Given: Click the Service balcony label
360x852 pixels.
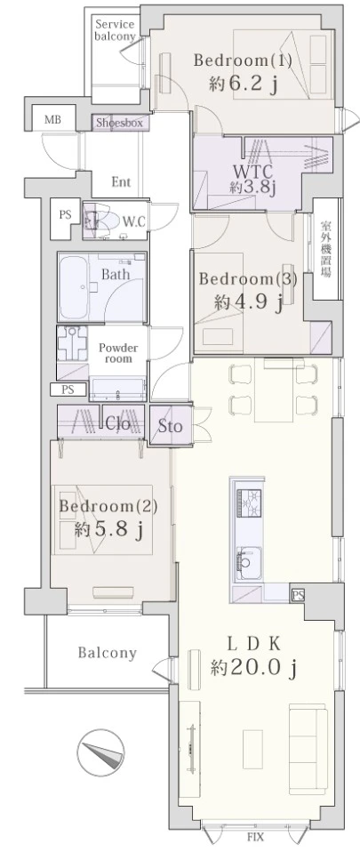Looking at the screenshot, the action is pyautogui.click(x=115, y=30).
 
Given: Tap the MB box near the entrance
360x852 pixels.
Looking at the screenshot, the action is pyautogui.click(x=52, y=120).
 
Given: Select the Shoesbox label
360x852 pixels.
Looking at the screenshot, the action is pyautogui.click(x=119, y=123).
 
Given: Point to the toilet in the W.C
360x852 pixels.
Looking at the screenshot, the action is pyautogui.click(x=101, y=221).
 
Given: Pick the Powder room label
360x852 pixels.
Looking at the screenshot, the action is pyautogui.click(x=118, y=353).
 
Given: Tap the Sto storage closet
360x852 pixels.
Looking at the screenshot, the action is pyautogui.click(x=170, y=426).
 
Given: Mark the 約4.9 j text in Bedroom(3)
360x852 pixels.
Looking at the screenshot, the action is pyautogui.click(x=248, y=302).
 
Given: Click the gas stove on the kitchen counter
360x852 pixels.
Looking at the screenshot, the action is pyautogui.click(x=248, y=503).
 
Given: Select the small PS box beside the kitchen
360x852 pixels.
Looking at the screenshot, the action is pyautogui.click(x=298, y=595).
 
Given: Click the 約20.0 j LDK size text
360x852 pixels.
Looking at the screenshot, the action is pyautogui.click(x=254, y=667).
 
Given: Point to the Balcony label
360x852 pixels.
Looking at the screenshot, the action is pyautogui.click(x=107, y=653).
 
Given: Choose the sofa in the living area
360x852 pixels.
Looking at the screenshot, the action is pyautogui.click(x=308, y=742).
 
